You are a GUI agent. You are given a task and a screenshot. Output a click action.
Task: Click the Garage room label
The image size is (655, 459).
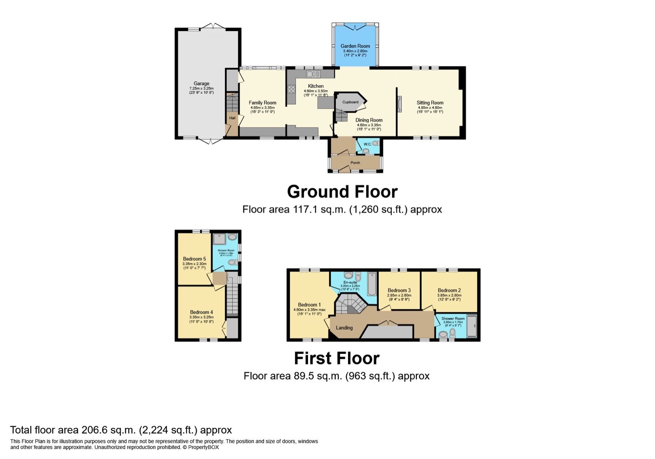click(201, 83)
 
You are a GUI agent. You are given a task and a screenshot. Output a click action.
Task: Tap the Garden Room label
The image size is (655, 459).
click(355, 46)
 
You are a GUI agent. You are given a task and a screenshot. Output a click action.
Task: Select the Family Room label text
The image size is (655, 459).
click(262, 103)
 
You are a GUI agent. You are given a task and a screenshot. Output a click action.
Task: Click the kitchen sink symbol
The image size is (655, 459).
click(313, 74)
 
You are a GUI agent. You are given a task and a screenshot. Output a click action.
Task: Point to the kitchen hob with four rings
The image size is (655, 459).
click(291, 89)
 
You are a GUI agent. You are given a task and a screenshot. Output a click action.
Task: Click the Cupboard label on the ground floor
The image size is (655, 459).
click(350, 102)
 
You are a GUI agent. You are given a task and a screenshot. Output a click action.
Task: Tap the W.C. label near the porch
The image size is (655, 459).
click(367, 144)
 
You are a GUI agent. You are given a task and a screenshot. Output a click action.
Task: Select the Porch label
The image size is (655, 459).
click(355, 163)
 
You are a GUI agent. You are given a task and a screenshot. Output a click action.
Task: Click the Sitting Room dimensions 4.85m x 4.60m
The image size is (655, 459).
click(430, 108)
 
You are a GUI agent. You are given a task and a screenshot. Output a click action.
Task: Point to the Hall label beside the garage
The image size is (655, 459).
click(232, 118)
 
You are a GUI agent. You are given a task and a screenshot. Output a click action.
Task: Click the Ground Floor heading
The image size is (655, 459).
click(342, 192)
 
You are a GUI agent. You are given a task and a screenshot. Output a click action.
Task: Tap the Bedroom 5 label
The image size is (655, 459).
click(194, 259)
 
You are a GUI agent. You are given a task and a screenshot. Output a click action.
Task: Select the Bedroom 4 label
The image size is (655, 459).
click(201, 312)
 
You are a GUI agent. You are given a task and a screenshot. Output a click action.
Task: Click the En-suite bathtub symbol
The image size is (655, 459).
click(372, 284)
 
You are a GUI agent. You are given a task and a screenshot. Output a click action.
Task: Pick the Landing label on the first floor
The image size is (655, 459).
click(344, 327)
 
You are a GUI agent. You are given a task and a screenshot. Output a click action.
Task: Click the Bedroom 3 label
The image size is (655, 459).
click(399, 290)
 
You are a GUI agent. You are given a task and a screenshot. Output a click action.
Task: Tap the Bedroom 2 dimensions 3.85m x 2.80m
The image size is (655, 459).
click(449, 295)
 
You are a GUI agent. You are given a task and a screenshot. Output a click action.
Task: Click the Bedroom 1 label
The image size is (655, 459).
click(309, 305)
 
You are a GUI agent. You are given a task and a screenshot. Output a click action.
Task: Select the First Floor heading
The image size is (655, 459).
click(336, 358)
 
